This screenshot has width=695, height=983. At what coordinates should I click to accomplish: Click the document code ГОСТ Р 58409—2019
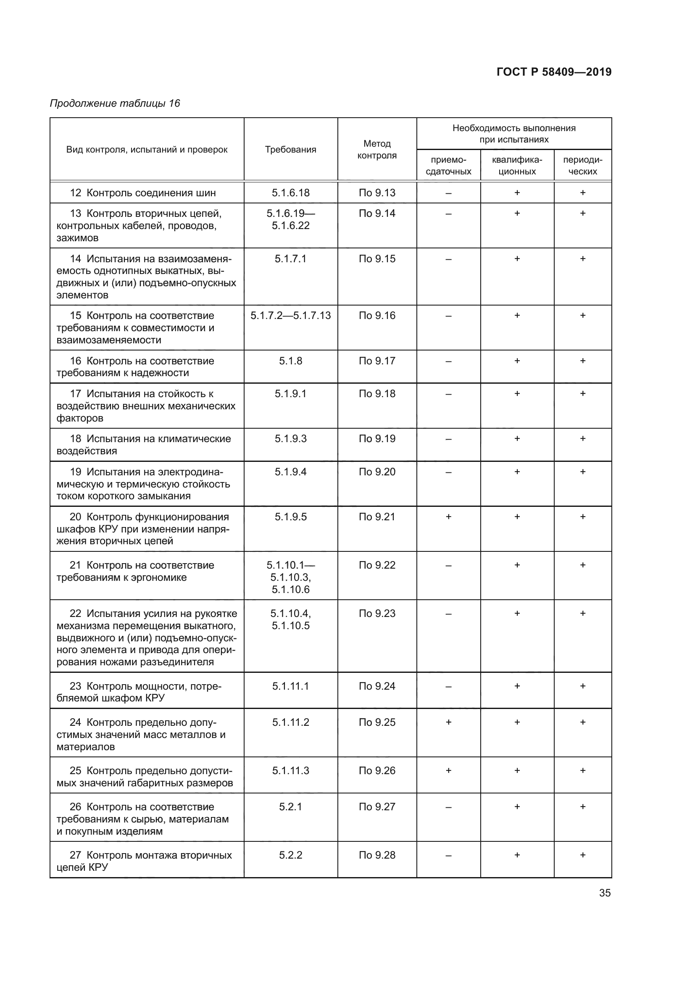coord(554,72)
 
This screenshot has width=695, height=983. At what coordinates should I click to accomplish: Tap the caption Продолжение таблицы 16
coord(115,103)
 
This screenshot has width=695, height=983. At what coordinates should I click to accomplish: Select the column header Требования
coord(290,150)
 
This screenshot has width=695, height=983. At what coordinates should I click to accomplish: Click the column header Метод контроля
coord(376,150)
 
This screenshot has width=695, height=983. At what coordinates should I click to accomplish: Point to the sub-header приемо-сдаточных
coord(448,166)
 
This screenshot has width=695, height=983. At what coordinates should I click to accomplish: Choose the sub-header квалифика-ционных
coord(516,166)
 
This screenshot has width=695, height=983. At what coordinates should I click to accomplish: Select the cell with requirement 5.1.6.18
coord(290,192)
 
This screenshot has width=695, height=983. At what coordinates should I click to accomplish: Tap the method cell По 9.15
coord(376,258)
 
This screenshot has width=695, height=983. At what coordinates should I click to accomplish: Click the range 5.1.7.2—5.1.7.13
coord(290,316)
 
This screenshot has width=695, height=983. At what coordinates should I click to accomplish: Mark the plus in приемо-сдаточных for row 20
coord(448,517)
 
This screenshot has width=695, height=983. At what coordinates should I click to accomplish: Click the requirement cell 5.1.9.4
coord(290,472)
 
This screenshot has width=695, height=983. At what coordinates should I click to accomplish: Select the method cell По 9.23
coord(376,614)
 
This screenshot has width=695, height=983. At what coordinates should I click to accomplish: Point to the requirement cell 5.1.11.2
coord(290,722)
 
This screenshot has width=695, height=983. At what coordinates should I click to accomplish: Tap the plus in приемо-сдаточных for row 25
coord(448,771)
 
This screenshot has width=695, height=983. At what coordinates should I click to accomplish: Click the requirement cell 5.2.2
coord(290,855)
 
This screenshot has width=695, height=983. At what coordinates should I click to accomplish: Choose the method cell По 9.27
coord(376,806)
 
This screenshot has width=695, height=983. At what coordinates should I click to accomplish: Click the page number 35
coord(604,893)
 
